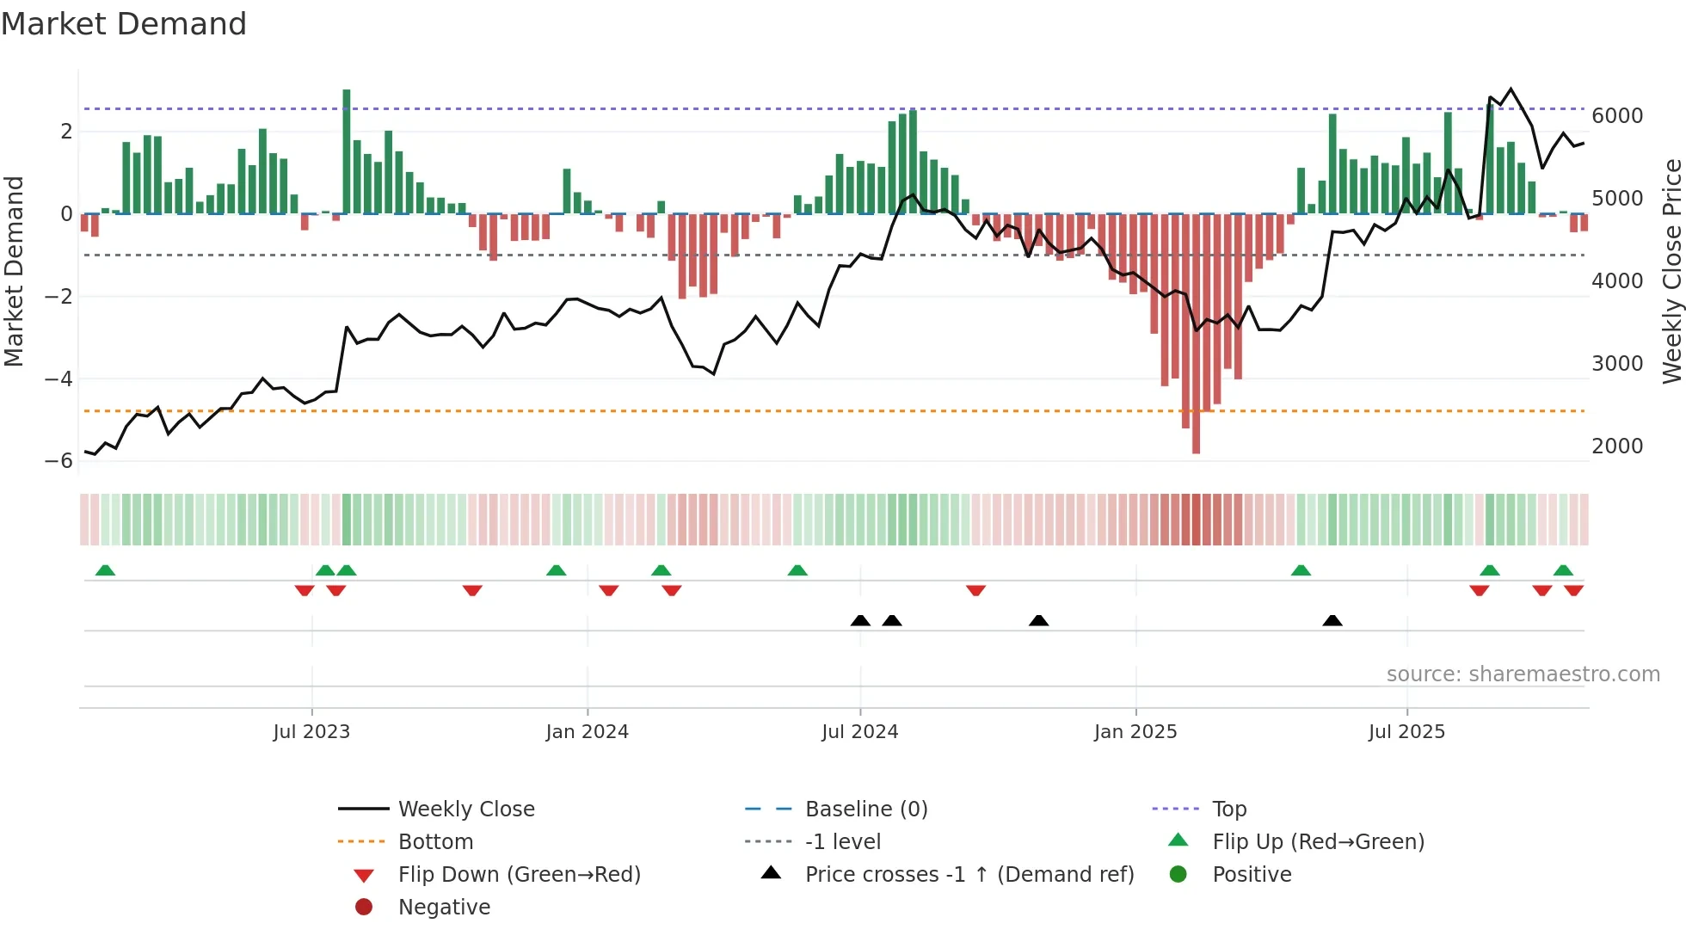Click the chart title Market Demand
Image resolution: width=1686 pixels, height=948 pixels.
pos(124,24)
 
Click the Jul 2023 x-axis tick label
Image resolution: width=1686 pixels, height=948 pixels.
pos(311,732)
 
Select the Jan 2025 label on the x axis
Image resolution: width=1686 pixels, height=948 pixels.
pos(1135,732)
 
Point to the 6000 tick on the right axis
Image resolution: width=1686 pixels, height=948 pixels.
pos(1617,116)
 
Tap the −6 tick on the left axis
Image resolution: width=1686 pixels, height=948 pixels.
pos(59,461)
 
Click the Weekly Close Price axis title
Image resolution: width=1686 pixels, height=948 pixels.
pos(1671,271)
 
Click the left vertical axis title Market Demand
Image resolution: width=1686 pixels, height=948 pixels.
pos(14,271)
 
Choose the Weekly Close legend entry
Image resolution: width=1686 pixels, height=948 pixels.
pos(465,809)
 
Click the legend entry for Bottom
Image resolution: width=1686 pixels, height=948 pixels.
pos(435,842)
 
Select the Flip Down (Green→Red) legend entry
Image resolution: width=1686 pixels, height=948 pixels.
pos(519,875)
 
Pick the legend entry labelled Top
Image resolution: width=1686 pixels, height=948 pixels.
pos(1229,809)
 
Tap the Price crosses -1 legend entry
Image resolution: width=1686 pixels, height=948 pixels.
pos(969,875)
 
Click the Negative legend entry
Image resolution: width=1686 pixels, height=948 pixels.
pos(444,908)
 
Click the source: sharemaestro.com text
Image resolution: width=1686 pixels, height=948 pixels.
pos(1523,674)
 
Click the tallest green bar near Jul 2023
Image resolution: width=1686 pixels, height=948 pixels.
pos(347,151)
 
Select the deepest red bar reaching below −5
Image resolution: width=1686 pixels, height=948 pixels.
pos(1196,335)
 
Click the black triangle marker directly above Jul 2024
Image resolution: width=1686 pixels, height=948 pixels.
pos(860,620)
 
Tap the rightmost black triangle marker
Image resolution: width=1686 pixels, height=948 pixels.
pos(1332,620)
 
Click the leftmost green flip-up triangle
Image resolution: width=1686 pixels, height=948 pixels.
pos(105,570)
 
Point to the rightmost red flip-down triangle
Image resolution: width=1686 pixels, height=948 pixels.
pos(1574,590)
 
